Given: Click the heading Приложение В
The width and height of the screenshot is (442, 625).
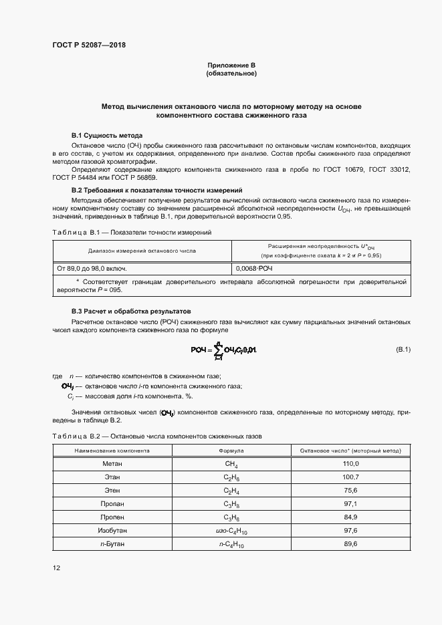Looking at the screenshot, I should point(231,65).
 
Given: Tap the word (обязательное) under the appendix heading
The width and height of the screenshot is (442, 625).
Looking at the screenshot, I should point(231,73).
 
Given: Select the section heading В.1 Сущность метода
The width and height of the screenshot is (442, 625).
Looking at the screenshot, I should point(107,136).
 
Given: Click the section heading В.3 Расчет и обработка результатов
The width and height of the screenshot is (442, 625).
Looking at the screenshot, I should point(131,311).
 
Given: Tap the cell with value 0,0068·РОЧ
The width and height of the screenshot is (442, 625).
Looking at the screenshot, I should point(255,268).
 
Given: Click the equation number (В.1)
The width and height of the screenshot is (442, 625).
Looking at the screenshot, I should point(403,350).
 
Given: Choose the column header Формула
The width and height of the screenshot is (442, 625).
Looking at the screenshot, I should point(231,451).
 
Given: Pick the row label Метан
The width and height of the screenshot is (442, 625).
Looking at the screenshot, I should point(112,463).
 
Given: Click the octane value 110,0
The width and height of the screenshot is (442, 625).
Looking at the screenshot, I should point(350,463).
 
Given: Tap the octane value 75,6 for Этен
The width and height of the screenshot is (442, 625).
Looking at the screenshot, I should point(350,490).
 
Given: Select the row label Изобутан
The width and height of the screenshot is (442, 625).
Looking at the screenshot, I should point(112,530).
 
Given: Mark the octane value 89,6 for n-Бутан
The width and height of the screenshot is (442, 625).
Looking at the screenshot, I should point(350,544).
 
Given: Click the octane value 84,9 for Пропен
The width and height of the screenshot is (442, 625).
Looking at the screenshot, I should point(350,517).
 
